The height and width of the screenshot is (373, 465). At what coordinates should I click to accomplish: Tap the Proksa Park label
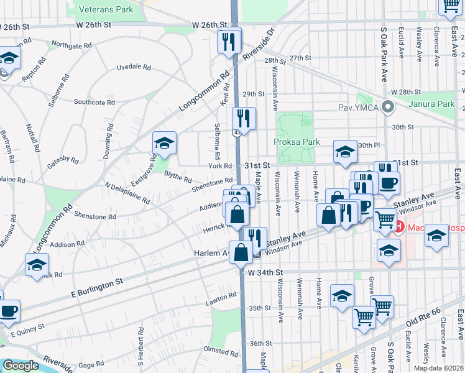pyautogui.click(x=297, y=142)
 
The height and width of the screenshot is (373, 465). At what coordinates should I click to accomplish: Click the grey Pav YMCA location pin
pyautogui.click(x=389, y=107)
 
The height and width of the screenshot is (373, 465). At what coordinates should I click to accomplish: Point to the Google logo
pyautogui.click(x=20, y=366)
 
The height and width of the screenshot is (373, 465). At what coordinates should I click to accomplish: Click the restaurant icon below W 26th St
pyautogui.click(x=229, y=41)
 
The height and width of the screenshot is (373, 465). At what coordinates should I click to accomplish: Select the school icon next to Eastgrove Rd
pyautogui.click(x=163, y=143)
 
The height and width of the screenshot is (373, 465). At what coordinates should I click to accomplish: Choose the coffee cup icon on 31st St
pyautogui.click(x=389, y=183)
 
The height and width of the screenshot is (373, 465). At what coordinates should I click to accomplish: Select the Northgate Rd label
pyautogui.click(x=71, y=45)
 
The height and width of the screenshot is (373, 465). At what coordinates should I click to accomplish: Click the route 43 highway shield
pyautogui.click(x=237, y=132)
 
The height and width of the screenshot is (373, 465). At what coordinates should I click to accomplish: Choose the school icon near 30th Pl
pyautogui.click(x=344, y=151)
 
